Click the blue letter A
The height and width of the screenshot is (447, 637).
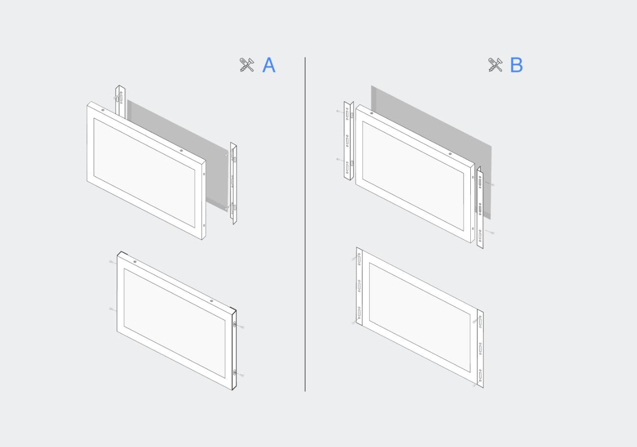click(269, 65)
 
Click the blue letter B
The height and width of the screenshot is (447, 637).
click(516, 65)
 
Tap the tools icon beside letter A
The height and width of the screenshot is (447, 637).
click(247, 65)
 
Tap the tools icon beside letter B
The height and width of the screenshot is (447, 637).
click(495, 65)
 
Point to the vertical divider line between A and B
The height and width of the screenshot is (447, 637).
click(305, 224)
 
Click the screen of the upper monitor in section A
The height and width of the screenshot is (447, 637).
click(144, 173)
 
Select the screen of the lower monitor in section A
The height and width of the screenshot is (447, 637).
click(174, 323)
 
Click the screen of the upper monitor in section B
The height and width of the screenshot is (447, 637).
click(413, 176)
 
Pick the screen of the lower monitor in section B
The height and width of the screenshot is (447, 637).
click(420, 318)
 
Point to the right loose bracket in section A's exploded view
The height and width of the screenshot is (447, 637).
click(233, 183)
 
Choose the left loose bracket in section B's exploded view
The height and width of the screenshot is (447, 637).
click(348, 141)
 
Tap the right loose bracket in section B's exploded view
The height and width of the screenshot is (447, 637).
click(480, 207)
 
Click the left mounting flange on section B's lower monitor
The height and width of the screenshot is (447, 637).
click(359, 287)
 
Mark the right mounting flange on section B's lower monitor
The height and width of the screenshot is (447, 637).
click(480, 349)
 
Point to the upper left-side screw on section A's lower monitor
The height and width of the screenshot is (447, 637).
click(112, 262)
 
